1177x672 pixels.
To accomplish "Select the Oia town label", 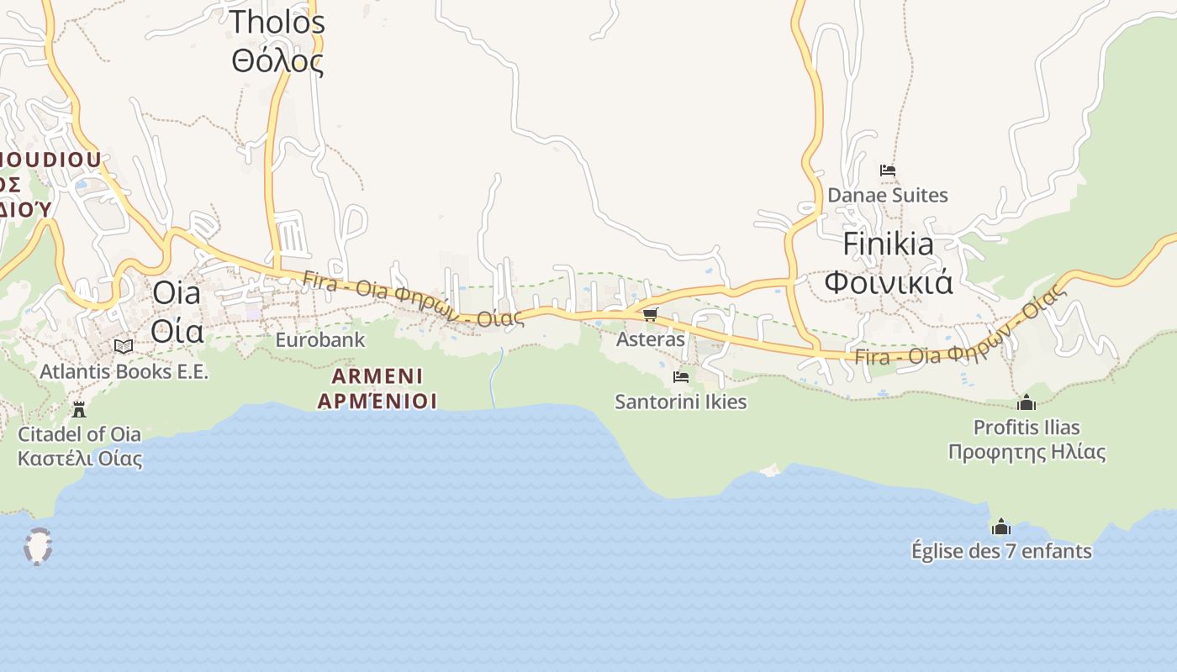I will pyautogui.click(x=177, y=312).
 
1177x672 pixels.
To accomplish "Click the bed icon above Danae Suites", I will pyautogui.click(x=887, y=171).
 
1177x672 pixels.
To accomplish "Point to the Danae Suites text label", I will pyautogui.click(x=887, y=195).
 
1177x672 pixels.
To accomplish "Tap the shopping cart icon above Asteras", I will pyautogui.click(x=650, y=314).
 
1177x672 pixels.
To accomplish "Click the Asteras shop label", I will pyautogui.click(x=650, y=339).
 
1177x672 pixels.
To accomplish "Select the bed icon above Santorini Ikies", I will pyautogui.click(x=680, y=377).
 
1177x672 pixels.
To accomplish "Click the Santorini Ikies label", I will pyautogui.click(x=680, y=402).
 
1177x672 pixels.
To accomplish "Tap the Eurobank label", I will pyautogui.click(x=320, y=339).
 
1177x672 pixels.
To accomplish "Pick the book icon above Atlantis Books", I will pyautogui.click(x=124, y=346).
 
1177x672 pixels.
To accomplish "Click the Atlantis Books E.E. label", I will pyautogui.click(x=124, y=370).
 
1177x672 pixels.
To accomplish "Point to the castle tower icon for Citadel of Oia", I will pyautogui.click(x=79, y=409).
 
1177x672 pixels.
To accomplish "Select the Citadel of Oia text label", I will pyautogui.click(x=80, y=446).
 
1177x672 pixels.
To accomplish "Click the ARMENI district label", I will pyautogui.click(x=377, y=388).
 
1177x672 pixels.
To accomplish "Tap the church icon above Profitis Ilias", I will pyautogui.click(x=1026, y=402).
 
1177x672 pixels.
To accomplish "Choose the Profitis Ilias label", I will pyautogui.click(x=1027, y=439).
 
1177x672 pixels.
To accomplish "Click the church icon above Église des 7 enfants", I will pyautogui.click(x=1000, y=527).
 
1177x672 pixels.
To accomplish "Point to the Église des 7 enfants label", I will pyautogui.click(x=1001, y=551).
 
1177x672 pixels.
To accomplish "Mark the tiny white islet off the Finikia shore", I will pyautogui.click(x=769, y=470).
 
